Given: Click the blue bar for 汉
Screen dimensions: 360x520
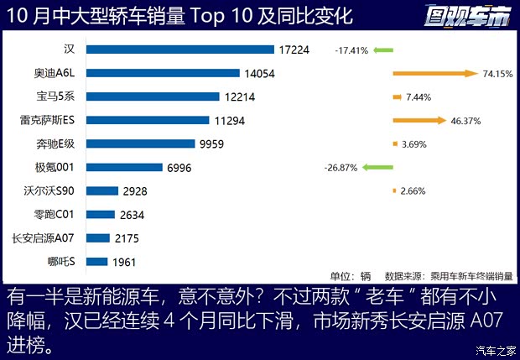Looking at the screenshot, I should point(180,50).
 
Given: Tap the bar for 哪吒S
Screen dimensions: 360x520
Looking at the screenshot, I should point(97,261).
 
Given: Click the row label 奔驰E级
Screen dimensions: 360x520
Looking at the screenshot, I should point(62,144).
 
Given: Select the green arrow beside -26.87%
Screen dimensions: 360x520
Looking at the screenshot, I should point(377,168).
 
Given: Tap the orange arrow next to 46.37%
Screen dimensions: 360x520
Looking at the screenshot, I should point(418,120).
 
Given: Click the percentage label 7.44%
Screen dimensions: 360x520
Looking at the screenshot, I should point(418,97).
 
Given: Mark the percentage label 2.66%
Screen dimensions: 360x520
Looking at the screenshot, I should point(413,191).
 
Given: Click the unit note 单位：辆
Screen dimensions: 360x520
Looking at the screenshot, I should point(350,275).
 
